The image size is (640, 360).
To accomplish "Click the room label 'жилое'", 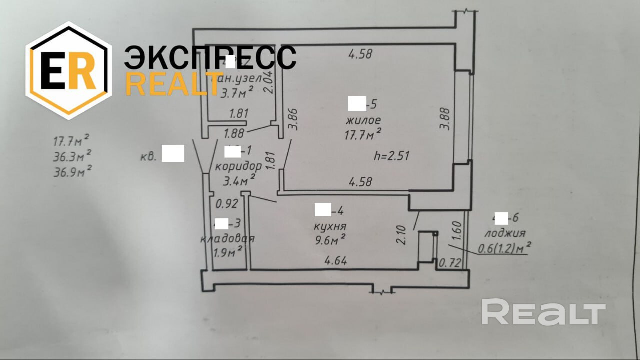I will coord(363,120).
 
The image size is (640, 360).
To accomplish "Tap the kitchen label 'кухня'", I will coord(330,226).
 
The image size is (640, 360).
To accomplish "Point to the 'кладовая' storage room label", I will coord(227,238).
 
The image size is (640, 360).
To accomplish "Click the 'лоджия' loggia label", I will coord(504,233).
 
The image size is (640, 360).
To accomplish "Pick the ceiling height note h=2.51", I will coord(391,155).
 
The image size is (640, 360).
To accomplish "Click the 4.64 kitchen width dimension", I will coord(336,260).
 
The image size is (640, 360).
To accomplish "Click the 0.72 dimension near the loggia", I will coord(449,262).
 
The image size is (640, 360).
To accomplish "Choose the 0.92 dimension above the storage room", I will coord(226,204).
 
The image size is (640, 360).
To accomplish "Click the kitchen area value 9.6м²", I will coord(330,240).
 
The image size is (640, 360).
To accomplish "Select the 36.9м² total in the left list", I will coord(72,172).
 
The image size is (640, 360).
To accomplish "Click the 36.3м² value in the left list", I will coord(72,156).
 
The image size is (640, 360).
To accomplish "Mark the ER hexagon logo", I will coord(68,70).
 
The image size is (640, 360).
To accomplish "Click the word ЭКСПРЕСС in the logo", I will coord(210,58).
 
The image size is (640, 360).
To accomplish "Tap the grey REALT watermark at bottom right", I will coord(543,312).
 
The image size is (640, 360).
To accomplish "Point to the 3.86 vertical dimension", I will coord(294,120).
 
